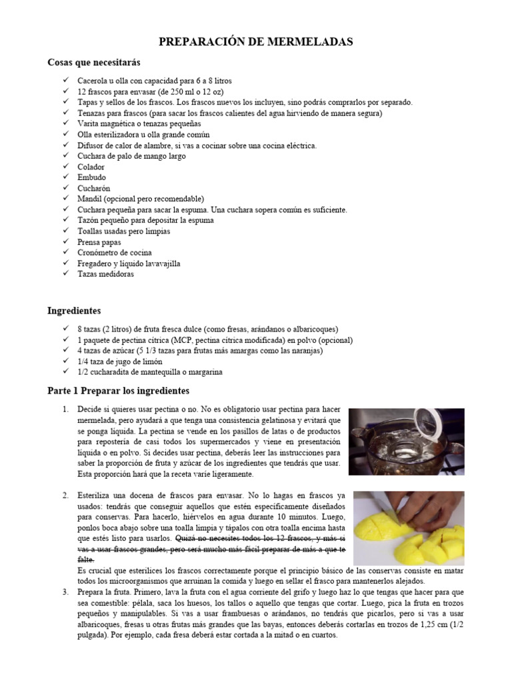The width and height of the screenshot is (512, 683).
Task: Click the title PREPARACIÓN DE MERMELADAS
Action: [x=256, y=42]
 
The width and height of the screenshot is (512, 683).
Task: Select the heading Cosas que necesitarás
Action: [x=94, y=62]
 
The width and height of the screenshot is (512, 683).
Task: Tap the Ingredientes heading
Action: [x=74, y=311]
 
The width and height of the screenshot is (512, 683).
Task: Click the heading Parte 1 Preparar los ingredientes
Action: [x=119, y=390]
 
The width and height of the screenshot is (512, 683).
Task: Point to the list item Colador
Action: [x=91, y=167]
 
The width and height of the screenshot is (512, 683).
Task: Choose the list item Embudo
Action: [x=92, y=177]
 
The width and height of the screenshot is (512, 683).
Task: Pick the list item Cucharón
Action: [x=93, y=188]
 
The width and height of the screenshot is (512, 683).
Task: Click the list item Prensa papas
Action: [x=99, y=242]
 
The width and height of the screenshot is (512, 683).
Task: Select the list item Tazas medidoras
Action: [x=105, y=274]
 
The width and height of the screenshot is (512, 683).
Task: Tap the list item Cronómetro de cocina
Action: [x=115, y=253]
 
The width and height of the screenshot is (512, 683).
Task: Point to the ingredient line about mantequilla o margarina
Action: [x=150, y=372]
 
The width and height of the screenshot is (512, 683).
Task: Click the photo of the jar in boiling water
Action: [x=406, y=442]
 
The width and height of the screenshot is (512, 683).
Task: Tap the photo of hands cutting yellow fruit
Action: [x=409, y=528]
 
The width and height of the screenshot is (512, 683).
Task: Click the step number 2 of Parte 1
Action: [x=65, y=496]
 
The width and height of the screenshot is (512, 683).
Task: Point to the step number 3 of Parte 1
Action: [x=65, y=592]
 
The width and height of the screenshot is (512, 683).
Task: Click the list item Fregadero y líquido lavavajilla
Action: [x=129, y=263]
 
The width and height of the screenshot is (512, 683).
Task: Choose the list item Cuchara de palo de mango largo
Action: [x=131, y=156]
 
